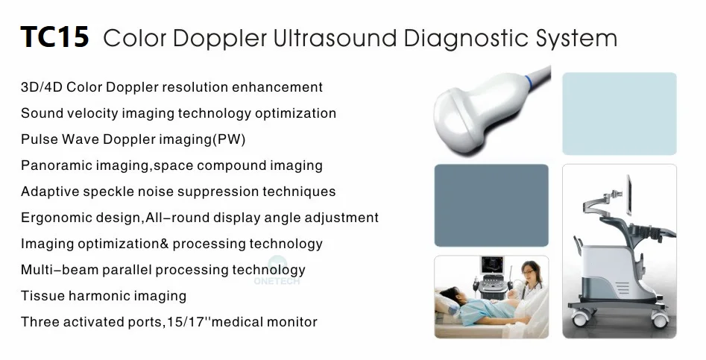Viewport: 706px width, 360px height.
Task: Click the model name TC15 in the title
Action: point(54,37)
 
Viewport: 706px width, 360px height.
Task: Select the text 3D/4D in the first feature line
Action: point(41,87)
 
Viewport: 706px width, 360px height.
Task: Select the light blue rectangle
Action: point(619,113)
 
